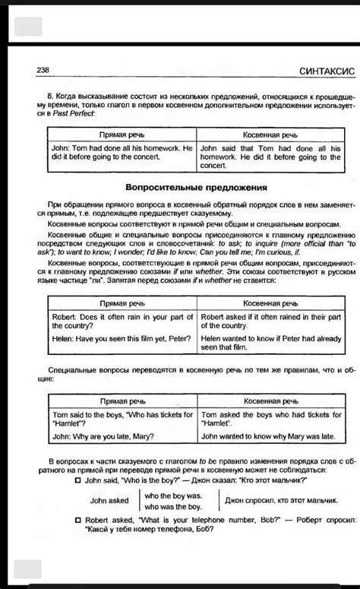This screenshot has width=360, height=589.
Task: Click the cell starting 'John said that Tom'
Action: point(270,156)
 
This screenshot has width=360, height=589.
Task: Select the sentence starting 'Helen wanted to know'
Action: point(270,343)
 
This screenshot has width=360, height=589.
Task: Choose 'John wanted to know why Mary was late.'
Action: point(270,437)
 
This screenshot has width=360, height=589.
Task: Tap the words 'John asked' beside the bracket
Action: point(109,500)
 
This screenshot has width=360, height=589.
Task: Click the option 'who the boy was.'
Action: point(174,495)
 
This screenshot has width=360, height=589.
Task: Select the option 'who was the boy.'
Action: point(174,506)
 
